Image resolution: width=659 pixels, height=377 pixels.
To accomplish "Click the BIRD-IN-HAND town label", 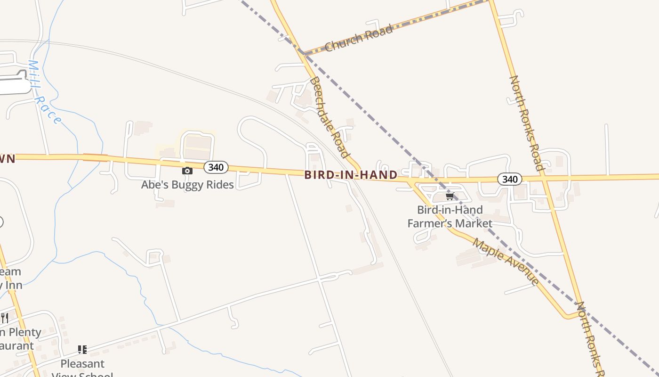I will (351, 175).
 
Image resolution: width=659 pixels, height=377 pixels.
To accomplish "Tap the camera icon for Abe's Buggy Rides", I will (187, 171).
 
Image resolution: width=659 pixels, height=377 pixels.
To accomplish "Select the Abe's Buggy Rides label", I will (187, 185).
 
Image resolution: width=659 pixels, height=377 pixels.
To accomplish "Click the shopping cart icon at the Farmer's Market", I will (450, 196).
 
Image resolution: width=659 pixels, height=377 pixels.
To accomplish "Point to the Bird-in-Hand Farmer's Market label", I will (450, 216).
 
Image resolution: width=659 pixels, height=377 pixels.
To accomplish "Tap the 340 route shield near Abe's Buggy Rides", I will (216, 167).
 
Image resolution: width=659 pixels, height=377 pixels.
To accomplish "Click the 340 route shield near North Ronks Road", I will (510, 179).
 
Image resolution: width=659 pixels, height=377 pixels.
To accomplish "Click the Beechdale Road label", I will (329, 117).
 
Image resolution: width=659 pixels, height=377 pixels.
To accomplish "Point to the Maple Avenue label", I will (506, 262).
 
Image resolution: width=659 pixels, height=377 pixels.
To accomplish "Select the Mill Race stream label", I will (44, 92).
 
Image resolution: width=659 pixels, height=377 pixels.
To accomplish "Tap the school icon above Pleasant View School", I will (82, 350).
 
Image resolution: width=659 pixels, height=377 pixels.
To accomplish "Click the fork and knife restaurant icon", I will (4, 318).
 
